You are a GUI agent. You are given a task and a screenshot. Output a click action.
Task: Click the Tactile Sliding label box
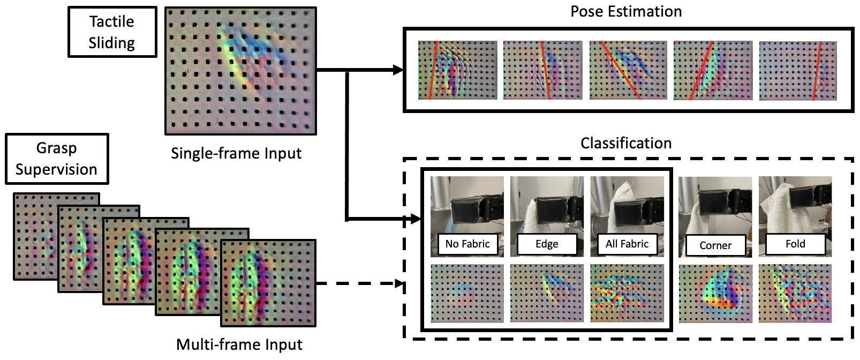pos(112,32)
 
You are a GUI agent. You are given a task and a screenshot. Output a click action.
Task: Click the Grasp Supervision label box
pos(57,159)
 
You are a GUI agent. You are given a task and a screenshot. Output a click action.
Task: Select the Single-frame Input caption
pos(236,154)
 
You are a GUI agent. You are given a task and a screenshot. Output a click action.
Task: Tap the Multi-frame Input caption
pos(239,344)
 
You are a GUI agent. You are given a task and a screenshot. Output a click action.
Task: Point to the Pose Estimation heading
pos(626,12)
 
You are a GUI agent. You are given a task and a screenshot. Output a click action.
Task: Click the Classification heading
pos(626,144)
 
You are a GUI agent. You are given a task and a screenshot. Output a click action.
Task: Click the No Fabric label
pos(467,244)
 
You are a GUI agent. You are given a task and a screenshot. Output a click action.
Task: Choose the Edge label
pos(547,244)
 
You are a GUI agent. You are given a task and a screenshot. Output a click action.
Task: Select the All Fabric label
pos(627,244)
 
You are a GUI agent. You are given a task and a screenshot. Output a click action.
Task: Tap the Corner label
pos(715,245)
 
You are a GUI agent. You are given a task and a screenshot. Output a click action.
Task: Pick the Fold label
pos(795,244)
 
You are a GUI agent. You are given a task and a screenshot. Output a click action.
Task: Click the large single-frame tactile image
pos(240,71)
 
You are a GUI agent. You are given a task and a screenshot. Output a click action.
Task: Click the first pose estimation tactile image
pos(457,70)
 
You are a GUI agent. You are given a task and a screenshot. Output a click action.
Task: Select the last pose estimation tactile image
pos(798,71)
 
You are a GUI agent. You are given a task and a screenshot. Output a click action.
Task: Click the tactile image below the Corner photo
pos(715,294)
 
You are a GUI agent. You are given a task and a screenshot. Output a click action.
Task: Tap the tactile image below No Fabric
pos(467,293)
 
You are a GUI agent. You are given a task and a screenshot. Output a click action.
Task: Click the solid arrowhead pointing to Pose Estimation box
pos(398,70)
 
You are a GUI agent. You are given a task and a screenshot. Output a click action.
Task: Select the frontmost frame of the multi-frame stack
pos(268,283)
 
